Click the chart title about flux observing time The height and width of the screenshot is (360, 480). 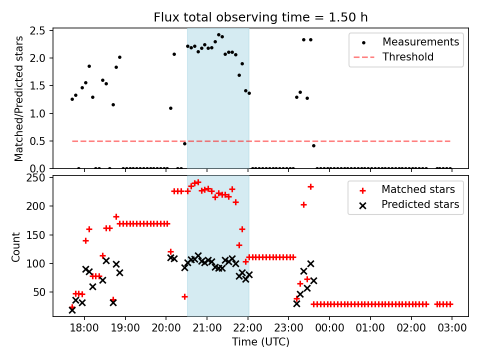(260, 17)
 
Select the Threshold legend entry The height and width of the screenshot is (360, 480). (408, 57)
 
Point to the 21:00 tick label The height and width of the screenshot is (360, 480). (207, 328)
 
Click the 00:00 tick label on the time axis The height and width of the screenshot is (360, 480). (329, 328)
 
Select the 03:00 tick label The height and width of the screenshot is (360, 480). (452, 328)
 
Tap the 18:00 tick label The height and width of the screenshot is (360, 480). (84, 328)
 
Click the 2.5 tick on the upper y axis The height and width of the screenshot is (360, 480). (42, 31)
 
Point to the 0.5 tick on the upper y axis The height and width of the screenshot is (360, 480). (42, 141)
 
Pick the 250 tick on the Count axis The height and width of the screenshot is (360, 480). (39, 178)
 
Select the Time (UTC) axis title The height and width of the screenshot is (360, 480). (260, 342)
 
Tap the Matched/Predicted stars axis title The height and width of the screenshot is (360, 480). (19, 98)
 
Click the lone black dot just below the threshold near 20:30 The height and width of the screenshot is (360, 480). (184, 143)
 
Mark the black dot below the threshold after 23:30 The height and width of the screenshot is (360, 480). (313, 145)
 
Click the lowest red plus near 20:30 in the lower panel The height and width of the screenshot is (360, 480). (184, 296)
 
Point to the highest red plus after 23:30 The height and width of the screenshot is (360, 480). (310, 186)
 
